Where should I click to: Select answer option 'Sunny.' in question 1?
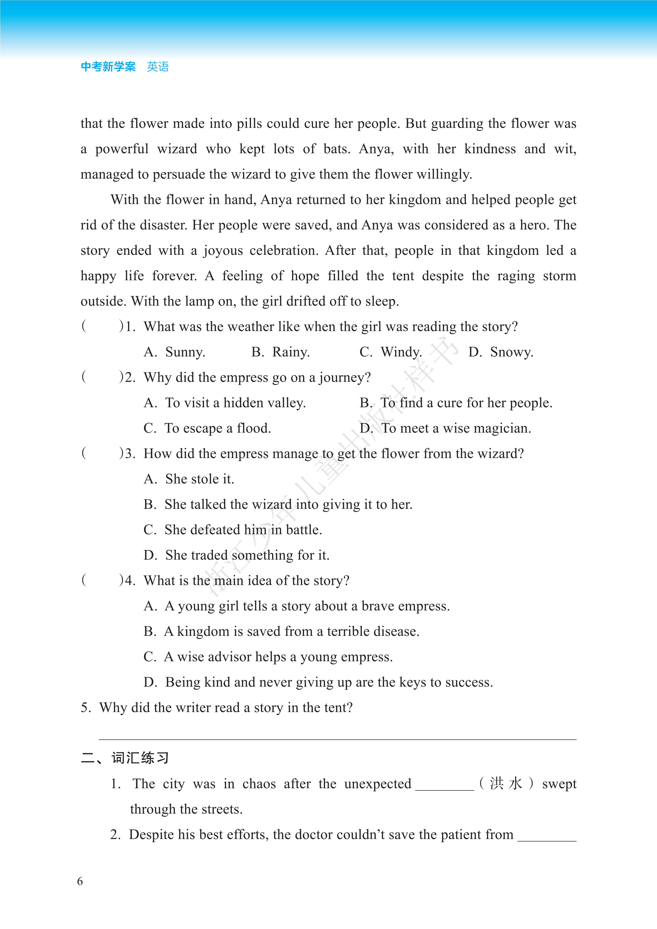tap(184, 352)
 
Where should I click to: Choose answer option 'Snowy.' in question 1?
tap(511, 352)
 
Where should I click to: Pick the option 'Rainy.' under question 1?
tap(291, 352)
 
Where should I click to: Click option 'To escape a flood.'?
tap(217, 428)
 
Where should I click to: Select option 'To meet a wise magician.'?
tap(456, 428)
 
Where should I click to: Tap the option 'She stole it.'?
tap(200, 479)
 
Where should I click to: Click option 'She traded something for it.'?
tap(247, 555)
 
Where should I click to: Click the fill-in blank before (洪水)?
tap(445, 785)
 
